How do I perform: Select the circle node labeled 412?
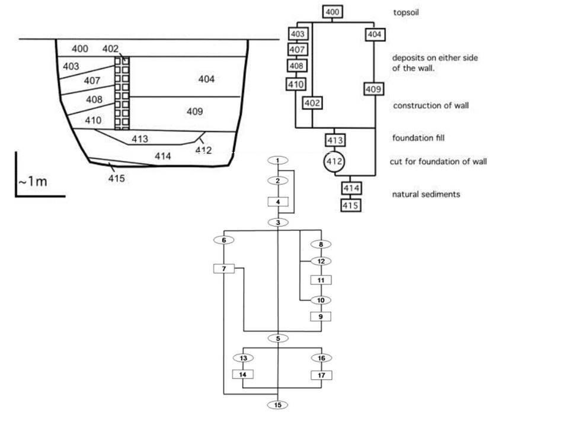click(x=334, y=162)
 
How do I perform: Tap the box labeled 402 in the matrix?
click(x=312, y=103)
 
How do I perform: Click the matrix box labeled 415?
click(x=350, y=205)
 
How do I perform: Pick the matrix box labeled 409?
click(x=373, y=89)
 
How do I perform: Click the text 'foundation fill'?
click(x=418, y=138)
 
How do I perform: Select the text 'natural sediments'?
click(x=426, y=194)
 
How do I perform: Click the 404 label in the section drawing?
click(x=207, y=79)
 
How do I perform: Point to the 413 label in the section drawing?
click(x=139, y=139)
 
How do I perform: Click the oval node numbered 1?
click(x=277, y=160)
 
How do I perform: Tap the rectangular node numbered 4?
click(x=277, y=202)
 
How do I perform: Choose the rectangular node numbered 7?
click(x=224, y=269)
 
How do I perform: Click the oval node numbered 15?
click(x=277, y=405)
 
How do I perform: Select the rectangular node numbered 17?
click(x=321, y=375)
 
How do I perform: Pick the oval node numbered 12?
click(x=321, y=261)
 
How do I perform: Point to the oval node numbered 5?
click(x=277, y=338)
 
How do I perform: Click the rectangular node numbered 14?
click(x=242, y=375)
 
